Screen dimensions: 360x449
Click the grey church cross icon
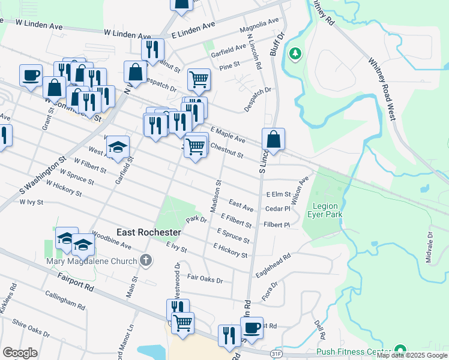pos(145,260)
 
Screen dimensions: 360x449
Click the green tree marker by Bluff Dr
pos(295,54)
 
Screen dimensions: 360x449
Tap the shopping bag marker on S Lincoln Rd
pos(273,140)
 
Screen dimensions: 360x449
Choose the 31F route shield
pos(276,354)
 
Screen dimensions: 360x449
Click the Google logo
pos(20,353)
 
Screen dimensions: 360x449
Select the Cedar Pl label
pos(278,209)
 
